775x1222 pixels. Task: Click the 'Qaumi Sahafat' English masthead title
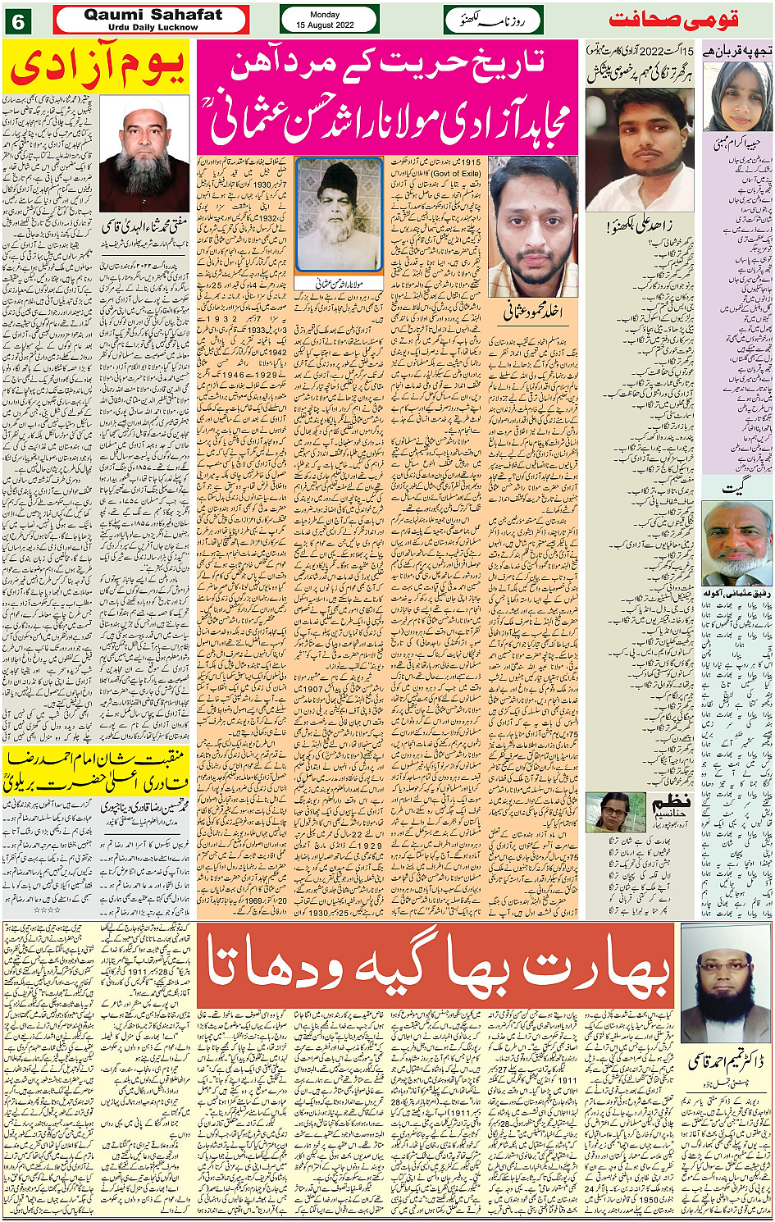pos(153,14)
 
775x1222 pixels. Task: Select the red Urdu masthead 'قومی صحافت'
pos(673,20)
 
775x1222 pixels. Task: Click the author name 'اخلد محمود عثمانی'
pos(531,312)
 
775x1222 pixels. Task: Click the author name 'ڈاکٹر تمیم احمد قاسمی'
pos(726,1063)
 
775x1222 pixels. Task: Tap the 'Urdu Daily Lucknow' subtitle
pos(153,27)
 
